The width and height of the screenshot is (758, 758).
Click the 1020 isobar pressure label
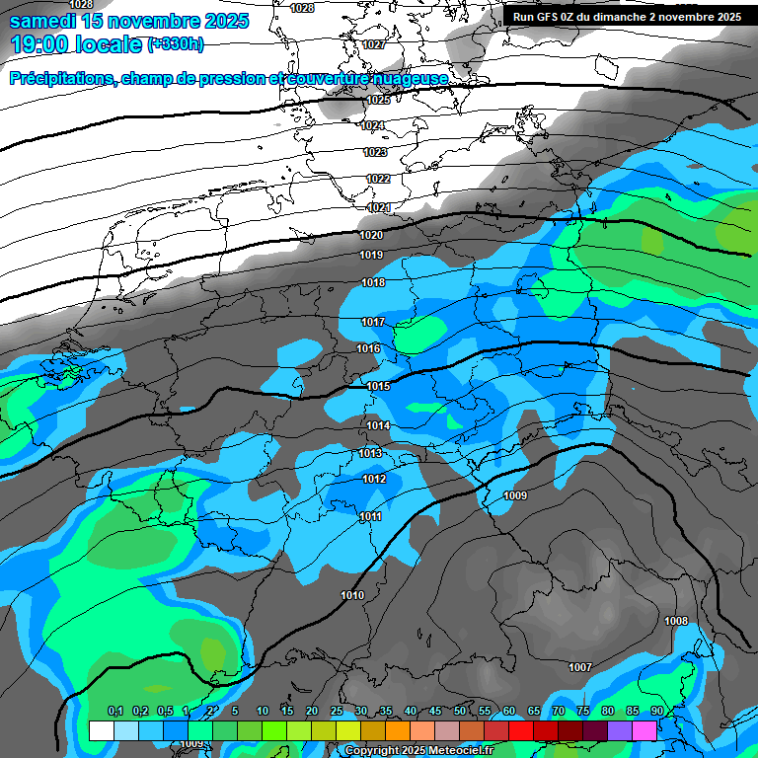tap(371, 235)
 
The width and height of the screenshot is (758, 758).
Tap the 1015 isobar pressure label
tap(378, 386)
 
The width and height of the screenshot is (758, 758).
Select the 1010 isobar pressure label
tap(352, 595)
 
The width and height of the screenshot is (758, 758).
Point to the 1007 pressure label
tap(580, 668)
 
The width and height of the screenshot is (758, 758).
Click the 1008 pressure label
tap(676, 621)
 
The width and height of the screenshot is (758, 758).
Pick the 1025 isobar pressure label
tap(377, 100)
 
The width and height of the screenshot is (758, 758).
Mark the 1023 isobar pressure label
tap(374, 153)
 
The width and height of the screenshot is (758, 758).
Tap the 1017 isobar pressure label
tap(372, 323)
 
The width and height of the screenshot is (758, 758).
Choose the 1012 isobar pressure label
tap(374, 479)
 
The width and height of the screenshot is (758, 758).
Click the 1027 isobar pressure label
tap(374, 45)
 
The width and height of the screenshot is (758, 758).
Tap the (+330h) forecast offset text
tap(176, 44)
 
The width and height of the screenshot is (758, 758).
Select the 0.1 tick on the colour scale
tap(114, 712)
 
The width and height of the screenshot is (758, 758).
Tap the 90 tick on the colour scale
tap(656, 712)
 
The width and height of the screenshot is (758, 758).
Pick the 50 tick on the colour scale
tap(460, 712)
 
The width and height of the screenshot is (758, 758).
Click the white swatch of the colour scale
tap(101, 730)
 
